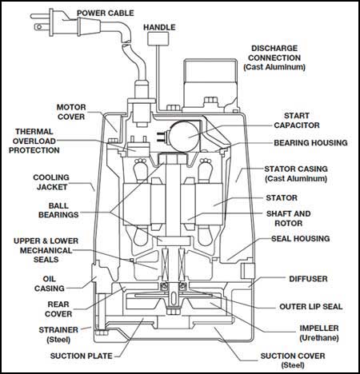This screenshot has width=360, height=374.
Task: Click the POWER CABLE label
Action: click(x=106, y=13)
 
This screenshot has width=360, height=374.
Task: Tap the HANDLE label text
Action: click(x=159, y=27)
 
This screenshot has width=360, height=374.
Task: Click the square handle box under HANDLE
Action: click(x=158, y=38)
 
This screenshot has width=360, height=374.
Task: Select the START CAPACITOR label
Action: click(x=297, y=121)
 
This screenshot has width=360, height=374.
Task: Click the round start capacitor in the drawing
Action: click(x=185, y=137)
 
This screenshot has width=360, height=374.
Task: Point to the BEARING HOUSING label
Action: click(x=310, y=143)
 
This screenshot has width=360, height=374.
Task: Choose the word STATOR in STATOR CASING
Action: click(x=278, y=169)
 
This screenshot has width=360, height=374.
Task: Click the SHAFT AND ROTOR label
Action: click(x=289, y=218)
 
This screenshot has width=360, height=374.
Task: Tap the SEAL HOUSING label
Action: click(x=301, y=239)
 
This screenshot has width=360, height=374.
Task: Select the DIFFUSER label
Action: click(x=308, y=279)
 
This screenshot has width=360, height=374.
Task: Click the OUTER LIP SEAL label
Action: click(x=311, y=307)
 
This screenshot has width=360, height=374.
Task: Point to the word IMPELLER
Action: click(x=319, y=328)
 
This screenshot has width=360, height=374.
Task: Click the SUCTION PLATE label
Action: click(x=82, y=356)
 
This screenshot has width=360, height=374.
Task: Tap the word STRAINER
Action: click(x=58, y=330)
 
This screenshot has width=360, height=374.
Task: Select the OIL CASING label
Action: click(x=50, y=284)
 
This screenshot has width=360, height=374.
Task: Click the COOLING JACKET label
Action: click(x=51, y=182)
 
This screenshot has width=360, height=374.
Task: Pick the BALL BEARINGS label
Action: click(x=58, y=210)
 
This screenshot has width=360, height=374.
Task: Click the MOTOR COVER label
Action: click(x=71, y=112)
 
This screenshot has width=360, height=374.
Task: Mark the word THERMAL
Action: click(x=34, y=132)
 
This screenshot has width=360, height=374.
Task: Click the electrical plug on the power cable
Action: click(x=54, y=22)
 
